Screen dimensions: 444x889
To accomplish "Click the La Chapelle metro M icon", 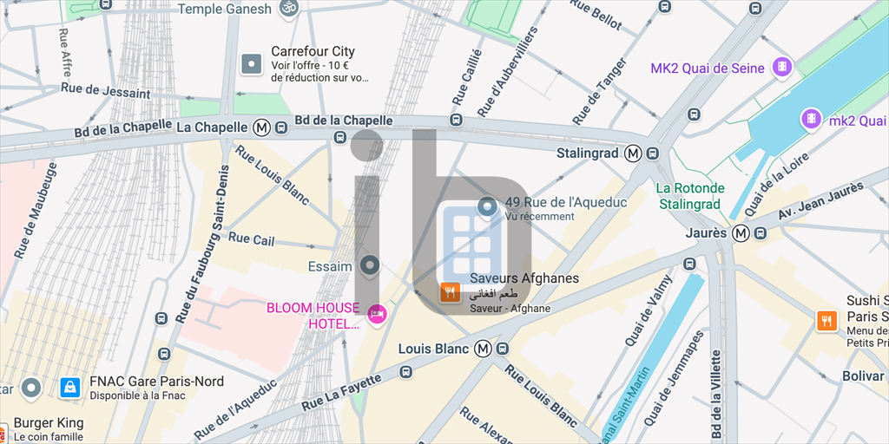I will pyautogui.click(x=261, y=127).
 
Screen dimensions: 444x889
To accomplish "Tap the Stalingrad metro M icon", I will pyautogui.click(x=634, y=153).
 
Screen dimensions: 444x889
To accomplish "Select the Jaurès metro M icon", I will pyautogui.click(x=741, y=232).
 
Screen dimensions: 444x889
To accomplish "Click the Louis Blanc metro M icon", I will pyautogui.click(x=483, y=349).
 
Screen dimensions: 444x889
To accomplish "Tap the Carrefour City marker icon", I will pyautogui.click(x=252, y=63).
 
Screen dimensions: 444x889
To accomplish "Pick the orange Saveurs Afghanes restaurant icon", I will pyautogui.click(x=451, y=292).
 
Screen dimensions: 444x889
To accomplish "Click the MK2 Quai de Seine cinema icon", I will pyautogui.click(x=784, y=66).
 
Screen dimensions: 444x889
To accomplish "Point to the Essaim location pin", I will pyautogui.click(x=371, y=265).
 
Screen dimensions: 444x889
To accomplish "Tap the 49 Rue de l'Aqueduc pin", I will pyautogui.click(x=487, y=207).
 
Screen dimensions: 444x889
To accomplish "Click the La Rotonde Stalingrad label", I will pyautogui.click(x=690, y=196).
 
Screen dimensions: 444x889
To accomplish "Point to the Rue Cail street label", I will pyautogui.click(x=251, y=238).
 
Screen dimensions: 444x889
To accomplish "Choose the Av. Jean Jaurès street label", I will pyautogui.click(x=820, y=201).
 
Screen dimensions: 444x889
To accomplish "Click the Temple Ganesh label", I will pyautogui.click(x=230, y=9).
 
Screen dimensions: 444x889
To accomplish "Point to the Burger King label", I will pyautogui.click(x=49, y=423).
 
